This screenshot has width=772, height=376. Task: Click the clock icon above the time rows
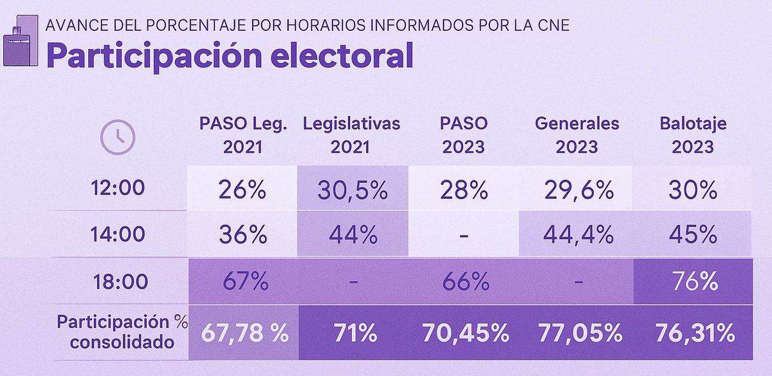pos(118,136)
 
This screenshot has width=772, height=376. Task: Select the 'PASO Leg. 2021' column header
pos(243,135)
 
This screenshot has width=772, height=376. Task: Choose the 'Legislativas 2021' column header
pos(351,135)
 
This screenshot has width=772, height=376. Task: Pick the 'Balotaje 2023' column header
pos(693,135)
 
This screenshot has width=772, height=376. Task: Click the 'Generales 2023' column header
pos(577,135)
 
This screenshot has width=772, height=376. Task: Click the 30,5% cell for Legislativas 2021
pos(352,189)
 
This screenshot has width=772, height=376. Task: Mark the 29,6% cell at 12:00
pos(578,189)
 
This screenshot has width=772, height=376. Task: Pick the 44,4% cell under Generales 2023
pos(578,235)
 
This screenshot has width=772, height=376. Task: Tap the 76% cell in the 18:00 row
pos(693,281)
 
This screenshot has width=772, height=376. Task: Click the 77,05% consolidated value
pos(578,334)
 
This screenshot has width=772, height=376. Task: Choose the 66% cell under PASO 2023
pos(464,281)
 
